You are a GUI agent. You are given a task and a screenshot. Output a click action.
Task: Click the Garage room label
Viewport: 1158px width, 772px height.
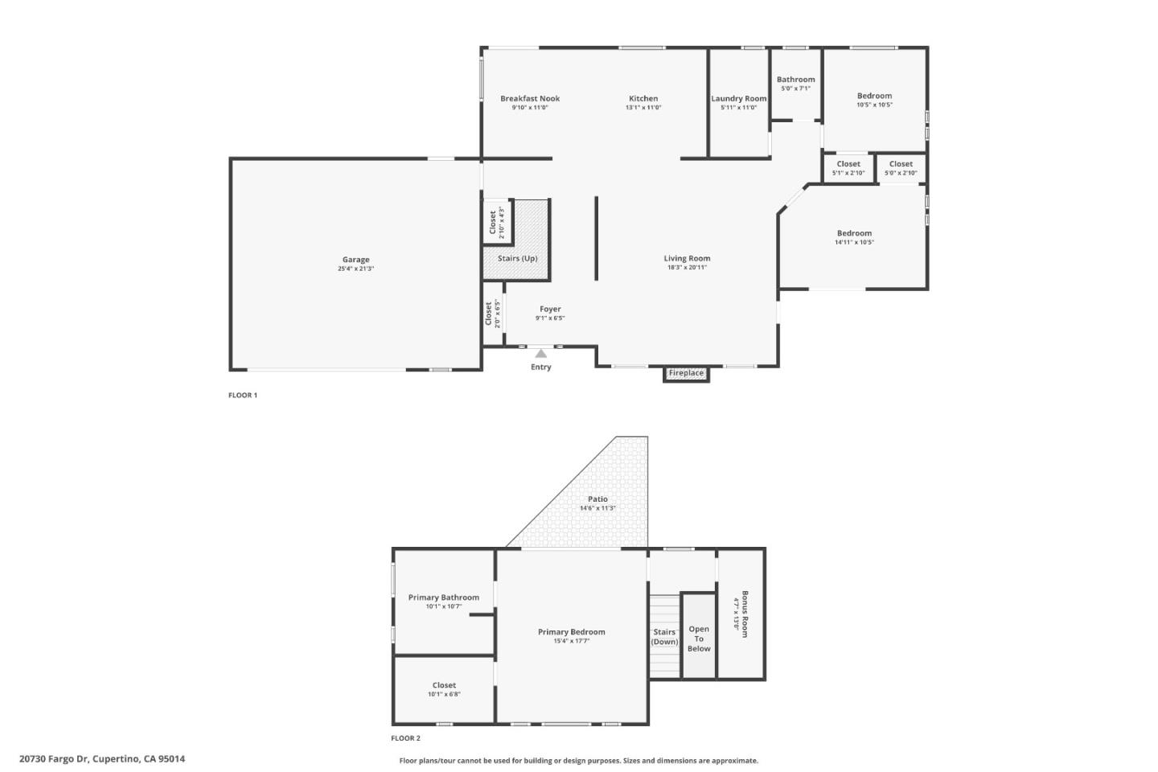tap(355, 260)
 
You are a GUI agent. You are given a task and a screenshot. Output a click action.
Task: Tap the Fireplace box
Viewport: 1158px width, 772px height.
tap(686, 373)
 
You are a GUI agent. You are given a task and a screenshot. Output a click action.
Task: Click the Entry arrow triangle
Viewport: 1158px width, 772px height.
tap(541, 353)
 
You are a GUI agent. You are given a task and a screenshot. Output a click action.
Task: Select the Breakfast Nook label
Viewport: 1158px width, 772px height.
tap(529, 99)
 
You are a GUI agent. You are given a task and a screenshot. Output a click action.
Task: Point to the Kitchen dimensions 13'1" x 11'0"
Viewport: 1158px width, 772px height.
tap(643, 108)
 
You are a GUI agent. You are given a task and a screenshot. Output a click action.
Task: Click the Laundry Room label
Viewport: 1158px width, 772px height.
tap(738, 99)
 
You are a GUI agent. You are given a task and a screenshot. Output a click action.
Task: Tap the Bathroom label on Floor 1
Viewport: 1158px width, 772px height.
tap(795, 80)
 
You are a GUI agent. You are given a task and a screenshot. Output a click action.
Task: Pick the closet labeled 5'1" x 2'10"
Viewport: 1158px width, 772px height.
tap(848, 168)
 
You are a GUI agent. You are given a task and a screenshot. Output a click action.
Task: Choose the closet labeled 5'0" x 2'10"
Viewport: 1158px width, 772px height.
tap(901, 168)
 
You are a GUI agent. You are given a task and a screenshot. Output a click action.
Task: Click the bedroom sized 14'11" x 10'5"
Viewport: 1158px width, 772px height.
tap(854, 237)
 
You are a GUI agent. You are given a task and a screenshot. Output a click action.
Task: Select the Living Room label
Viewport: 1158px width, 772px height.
tap(687, 259)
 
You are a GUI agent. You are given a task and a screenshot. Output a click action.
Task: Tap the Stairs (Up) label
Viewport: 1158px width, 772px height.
tap(517, 258)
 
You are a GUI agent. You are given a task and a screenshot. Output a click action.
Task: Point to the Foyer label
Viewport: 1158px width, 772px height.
tap(550, 309)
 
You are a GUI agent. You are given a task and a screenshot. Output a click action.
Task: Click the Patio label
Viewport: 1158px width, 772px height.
tap(597, 499)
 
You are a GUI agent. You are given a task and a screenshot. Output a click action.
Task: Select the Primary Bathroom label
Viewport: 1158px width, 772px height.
tap(443, 597)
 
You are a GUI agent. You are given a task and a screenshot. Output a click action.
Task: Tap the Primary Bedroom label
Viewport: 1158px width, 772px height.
tap(571, 632)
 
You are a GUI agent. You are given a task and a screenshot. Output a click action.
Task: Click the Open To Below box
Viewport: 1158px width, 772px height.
tap(699, 639)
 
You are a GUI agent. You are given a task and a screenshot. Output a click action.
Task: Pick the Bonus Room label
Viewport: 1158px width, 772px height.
tap(745, 614)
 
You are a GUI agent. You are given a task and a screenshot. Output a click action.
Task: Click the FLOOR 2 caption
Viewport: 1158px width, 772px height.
tap(405, 738)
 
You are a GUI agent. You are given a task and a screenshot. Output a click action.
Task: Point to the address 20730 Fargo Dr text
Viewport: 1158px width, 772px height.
tap(102, 758)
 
